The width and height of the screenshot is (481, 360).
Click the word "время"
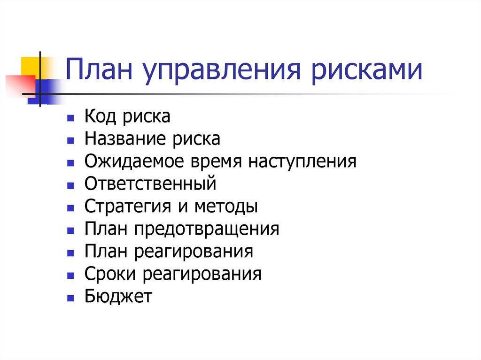pyautogui.click(x=214, y=161)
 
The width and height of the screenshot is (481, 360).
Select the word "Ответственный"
pyautogui.click(x=150, y=184)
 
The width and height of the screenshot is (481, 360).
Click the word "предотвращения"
pyautogui.click(x=206, y=229)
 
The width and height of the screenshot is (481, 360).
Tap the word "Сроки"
pyautogui.click(x=110, y=274)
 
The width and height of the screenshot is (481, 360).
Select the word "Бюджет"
pyautogui.click(x=118, y=296)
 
